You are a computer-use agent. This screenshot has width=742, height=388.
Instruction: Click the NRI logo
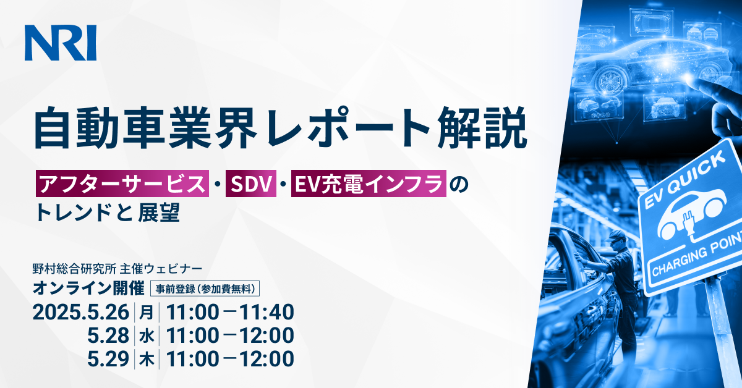pos(61,43)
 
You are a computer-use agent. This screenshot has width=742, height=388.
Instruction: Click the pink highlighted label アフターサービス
pos(121,184)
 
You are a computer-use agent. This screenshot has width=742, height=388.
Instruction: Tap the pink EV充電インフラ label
pos(369,184)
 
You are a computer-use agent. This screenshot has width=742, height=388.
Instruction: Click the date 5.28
pos(109,335)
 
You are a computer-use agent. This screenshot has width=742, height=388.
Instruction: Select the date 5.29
pos(109,358)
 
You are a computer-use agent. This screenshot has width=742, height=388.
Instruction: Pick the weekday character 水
pos(146,335)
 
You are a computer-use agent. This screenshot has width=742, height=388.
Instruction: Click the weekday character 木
pos(146,358)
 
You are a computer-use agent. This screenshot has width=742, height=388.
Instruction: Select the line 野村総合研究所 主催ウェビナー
pos(117,270)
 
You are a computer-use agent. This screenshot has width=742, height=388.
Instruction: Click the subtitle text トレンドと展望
pos(108,213)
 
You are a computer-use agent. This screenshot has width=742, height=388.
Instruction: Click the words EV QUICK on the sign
pos(684,179)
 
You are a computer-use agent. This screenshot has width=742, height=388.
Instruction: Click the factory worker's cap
pos(618,235)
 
